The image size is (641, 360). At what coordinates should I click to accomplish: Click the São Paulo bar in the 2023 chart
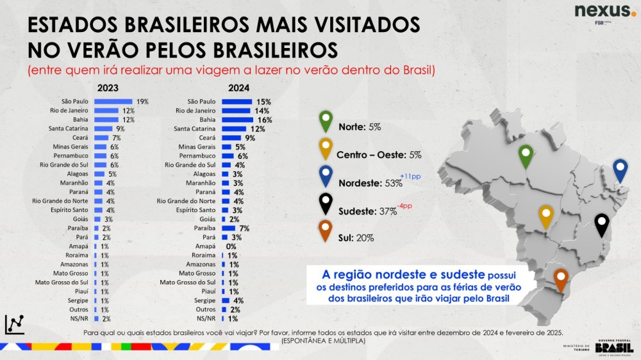point(113,101)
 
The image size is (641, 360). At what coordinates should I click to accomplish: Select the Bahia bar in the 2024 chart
point(238,120)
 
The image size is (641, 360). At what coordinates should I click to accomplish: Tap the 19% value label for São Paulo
point(142,101)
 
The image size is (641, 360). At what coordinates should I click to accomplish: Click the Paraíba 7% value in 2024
point(244,228)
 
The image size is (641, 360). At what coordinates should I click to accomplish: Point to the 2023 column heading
point(108,88)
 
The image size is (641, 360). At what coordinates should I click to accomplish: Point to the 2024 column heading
point(238,88)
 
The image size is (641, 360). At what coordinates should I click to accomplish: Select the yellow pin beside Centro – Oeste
point(326,148)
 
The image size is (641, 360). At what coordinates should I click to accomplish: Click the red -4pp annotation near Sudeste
point(405,205)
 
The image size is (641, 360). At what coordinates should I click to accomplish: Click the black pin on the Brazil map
point(601,224)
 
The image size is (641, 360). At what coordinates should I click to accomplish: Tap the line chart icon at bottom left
point(14,324)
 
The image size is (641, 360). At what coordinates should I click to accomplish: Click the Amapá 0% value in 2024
point(231,246)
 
